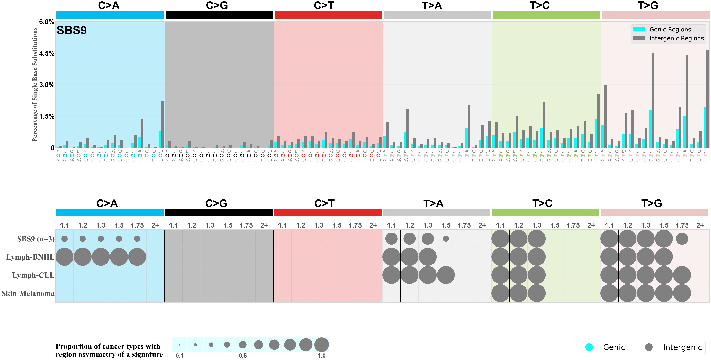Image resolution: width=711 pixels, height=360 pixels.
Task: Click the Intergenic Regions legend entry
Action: tap(676, 38)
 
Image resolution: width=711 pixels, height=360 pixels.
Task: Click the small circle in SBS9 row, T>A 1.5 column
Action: tap(446, 239)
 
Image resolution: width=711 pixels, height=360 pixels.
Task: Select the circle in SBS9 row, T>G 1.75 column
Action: tap(682, 239)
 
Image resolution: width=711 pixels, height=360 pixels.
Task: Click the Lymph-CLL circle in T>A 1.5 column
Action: tap(446, 275)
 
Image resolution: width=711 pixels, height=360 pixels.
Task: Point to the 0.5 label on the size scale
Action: tap(243, 356)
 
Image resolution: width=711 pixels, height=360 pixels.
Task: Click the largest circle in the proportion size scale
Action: tap(322, 345)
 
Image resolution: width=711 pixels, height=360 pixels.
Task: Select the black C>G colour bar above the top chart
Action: tap(219, 15)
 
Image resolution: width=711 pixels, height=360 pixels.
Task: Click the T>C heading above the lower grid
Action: tap(542, 203)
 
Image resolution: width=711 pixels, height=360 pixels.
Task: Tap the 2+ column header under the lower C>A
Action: tap(155, 225)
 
